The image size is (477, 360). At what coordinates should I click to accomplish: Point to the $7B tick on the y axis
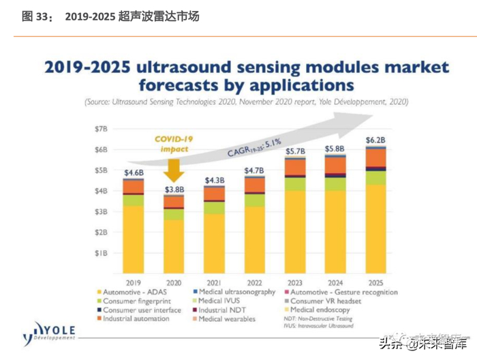pos(100,128)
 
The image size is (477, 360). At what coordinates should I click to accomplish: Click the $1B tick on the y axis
pos(100,253)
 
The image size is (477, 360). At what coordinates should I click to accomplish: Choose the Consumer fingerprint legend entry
pos(134,301)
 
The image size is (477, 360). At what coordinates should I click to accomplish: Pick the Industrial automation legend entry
pos(136,318)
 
